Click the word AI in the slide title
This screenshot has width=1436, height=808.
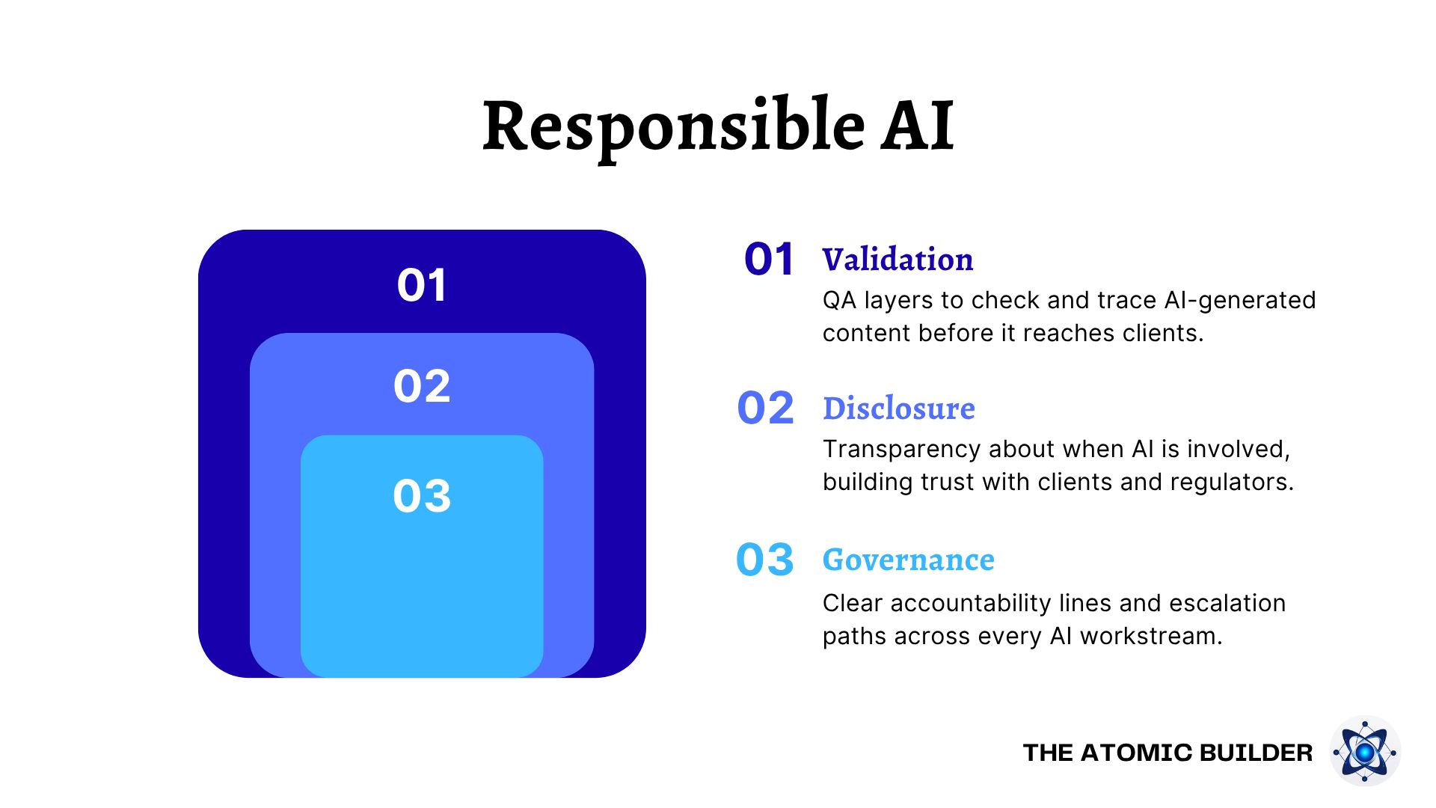pyautogui.click(x=918, y=126)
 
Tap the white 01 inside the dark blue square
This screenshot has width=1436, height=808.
pyautogui.click(x=422, y=285)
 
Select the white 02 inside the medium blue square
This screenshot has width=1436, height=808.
pyautogui.click(x=422, y=386)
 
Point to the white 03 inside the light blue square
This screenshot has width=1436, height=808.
pyautogui.click(x=422, y=496)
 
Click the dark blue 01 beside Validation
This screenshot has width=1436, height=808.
pyautogui.click(x=769, y=260)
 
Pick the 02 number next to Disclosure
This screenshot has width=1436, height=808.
pyautogui.click(x=765, y=408)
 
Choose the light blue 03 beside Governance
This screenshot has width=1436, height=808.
pyautogui.click(x=764, y=560)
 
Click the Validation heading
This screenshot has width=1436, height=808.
pyautogui.click(x=897, y=260)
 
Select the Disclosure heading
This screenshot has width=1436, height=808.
pyautogui.click(x=898, y=408)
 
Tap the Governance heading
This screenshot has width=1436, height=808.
pyautogui.click(x=909, y=560)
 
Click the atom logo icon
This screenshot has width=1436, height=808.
pyautogui.click(x=1365, y=751)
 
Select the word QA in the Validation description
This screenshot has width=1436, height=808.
pyautogui.click(x=838, y=301)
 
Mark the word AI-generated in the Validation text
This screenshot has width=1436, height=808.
pyautogui.click(x=1240, y=301)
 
